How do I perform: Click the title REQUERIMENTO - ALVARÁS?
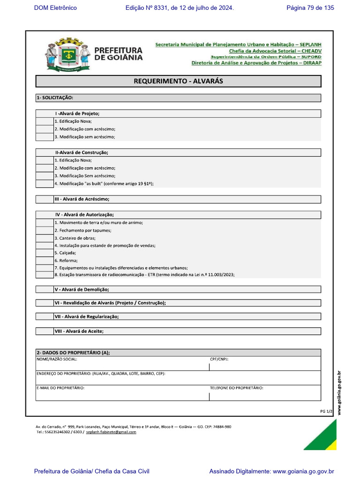[x=178, y=81]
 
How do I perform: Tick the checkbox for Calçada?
[x=45, y=253]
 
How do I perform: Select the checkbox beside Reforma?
[x=45, y=261]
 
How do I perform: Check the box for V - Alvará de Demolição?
[x=45, y=290]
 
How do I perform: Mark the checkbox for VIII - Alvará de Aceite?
[x=45, y=331]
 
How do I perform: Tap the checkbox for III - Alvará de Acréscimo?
[x=45, y=199]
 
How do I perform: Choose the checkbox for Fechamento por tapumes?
[x=45, y=231]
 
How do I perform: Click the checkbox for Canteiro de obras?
[x=45, y=238]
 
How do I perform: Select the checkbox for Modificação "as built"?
[x=45, y=184]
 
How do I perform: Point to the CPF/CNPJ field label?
[x=219, y=360]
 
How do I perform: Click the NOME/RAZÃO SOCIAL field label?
[x=57, y=360]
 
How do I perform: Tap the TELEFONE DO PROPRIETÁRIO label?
[x=236, y=388]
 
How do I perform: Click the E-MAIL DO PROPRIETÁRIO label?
[x=60, y=388]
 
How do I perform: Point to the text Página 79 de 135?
[x=310, y=8]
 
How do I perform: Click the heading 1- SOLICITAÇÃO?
[x=55, y=98]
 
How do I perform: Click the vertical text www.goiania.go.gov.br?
[x=339, y=393]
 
